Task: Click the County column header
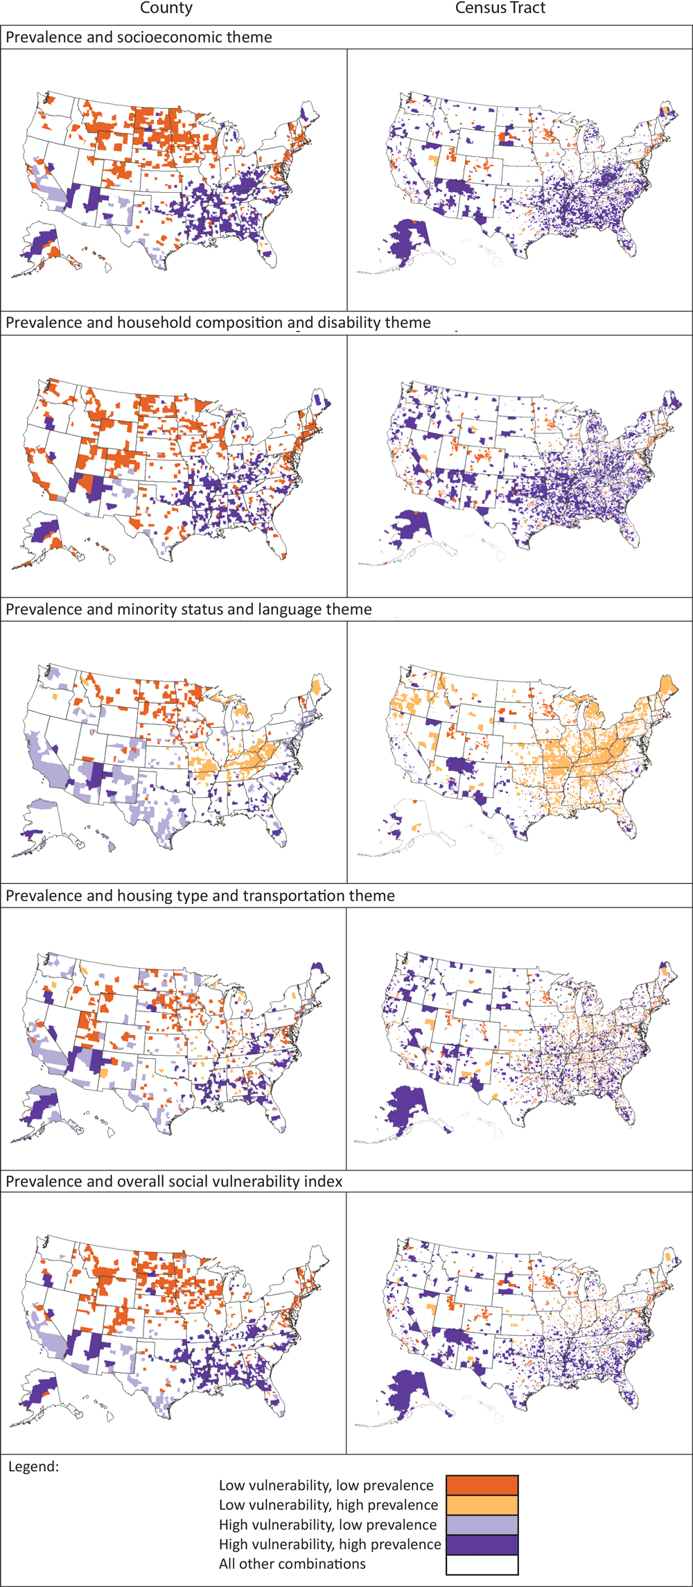point(166,8)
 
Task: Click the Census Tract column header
point(500,8)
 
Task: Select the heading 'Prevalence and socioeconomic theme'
point(139,37)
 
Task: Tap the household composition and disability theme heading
point(218,322)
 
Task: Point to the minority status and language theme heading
point(188,609)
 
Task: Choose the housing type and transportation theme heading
point(200,896)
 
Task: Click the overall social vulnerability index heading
point(174,1181)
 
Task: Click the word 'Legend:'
point(33,1466)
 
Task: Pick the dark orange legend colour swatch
point(482,1485)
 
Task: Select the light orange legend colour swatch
point(482,1505)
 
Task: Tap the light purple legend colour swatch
point(482,1525)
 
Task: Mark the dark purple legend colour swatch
point(482,1545)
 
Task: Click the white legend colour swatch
point(482,1565)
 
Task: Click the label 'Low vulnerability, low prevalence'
point(326,1485)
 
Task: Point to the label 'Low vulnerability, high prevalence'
point(328,1505)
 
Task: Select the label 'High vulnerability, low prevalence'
point(328,1525)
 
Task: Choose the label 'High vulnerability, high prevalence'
point(330,1545)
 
